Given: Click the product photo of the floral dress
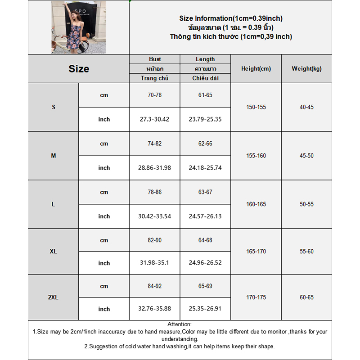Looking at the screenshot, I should pyautogui.click(x=78, y=27).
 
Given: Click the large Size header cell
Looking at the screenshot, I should pyautogui.click(x=79, y=69).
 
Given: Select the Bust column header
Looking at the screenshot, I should pyautogui.click(x=155, y=59).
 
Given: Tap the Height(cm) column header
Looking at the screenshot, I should pyautogui.click(x=256, y=69).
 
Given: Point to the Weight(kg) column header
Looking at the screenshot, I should pyautogui.click(x=306, y=69).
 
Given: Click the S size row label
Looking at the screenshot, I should pyautogui.click(x=54, y=107).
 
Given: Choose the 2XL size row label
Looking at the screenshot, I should pyautogui.click(x=54, y=297).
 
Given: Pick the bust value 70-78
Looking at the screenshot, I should pyautogui.click(x=155, y=95).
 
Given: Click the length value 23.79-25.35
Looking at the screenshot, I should pyautogui.click(x=205, y=119).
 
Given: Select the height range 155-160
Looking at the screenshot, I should pyautogui.click(x=256, y=156).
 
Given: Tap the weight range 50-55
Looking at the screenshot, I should pyautogui.click(x=306, y=204).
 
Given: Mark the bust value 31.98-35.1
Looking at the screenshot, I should pyautogui.click(x=154, y=263).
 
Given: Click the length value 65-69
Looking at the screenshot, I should pyautogui.click(x=205, y=286).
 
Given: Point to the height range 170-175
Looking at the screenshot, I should pyautogui.click(x=256, y=297).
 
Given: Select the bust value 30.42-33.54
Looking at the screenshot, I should pyautogui.click(x=154, y=216).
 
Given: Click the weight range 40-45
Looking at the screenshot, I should pyautogui.click(x=306, y=107).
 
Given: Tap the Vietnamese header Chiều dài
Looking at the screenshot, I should pyautogui.click(x=205, y=78).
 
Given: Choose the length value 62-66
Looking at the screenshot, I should pyautogui.click(x=205, y=144).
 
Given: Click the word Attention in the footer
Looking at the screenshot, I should pyautogui.click(x=180, y=324).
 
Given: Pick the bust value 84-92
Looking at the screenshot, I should pyautogui.click(x=155, y=286).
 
